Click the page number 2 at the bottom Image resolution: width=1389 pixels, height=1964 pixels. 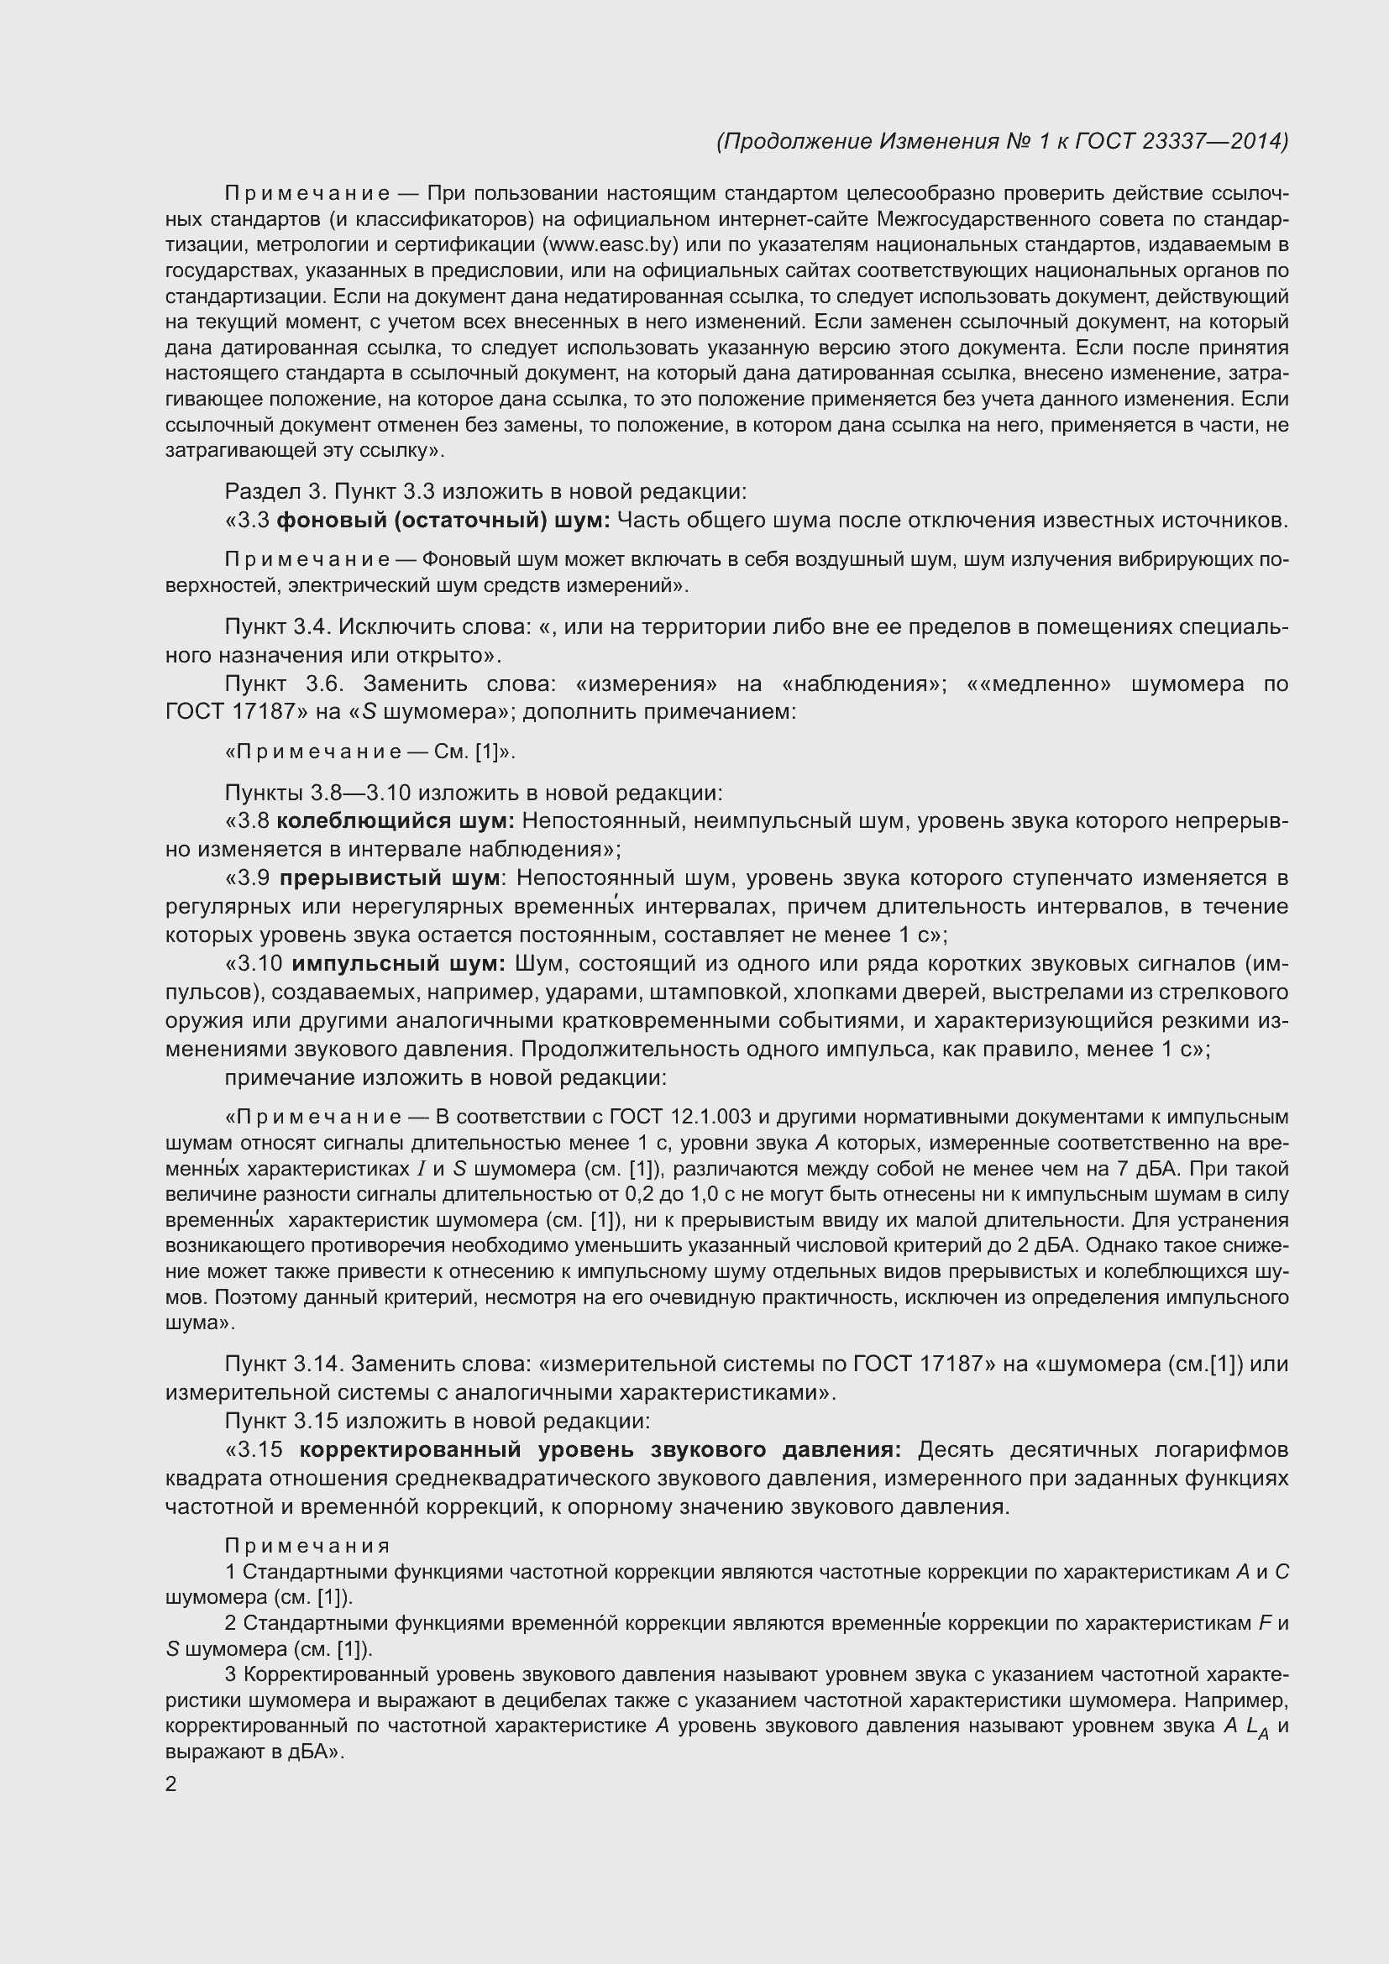tap(171, 1784)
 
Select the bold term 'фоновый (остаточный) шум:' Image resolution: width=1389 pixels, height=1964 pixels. tap(444, 520)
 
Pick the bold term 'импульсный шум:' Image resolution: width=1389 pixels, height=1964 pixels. tap(399, 964)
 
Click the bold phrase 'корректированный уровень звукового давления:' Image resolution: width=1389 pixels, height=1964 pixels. tap(600, 1450)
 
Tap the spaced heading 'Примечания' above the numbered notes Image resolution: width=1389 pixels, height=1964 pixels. tap(307, 1547)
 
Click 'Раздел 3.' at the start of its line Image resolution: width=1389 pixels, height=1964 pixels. tap(275, 492)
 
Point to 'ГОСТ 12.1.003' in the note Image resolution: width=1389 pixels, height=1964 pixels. tap(681, 1117)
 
